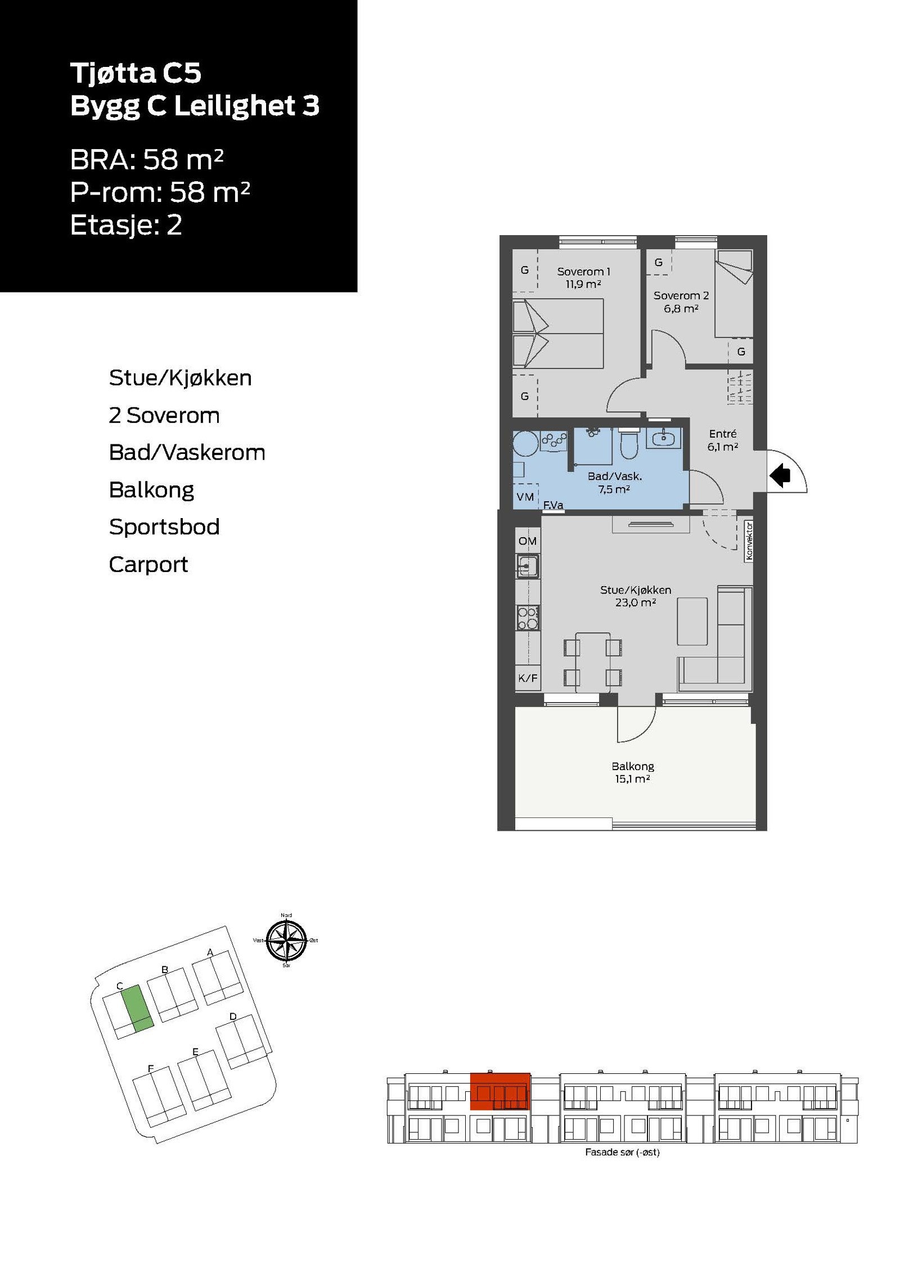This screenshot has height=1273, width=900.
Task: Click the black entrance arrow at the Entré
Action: (780, 476)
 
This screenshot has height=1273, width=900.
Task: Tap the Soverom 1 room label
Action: (583, 271)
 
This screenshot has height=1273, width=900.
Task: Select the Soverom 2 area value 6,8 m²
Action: (681, 308)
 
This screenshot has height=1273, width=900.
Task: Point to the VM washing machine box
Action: (525, 496)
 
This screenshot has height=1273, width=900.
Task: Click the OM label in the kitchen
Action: (527, 541)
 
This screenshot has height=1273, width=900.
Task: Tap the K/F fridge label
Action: (528, 678)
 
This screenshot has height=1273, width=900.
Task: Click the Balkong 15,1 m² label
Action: (632, 772)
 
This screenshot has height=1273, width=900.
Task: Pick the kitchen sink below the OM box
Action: (528, 565)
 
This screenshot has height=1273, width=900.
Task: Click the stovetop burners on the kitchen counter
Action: (528, 618)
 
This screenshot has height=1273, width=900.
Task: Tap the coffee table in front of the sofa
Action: (692, 621)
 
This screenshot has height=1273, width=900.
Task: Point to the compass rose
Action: (286, 940)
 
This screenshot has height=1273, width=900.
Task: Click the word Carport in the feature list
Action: (148, 564)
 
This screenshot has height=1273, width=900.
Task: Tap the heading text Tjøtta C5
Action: (136, 73)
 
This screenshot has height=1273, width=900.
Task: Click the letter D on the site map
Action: (233, 1016)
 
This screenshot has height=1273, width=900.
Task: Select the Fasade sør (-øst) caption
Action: (622, 1152)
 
